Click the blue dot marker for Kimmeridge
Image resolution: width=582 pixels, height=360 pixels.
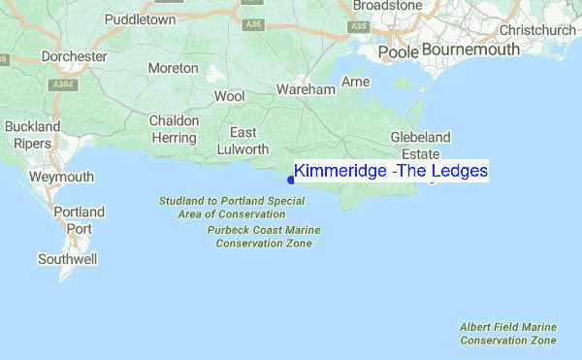[x=291, y=179]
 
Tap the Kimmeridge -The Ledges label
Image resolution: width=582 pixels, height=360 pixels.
[x=391, y=171]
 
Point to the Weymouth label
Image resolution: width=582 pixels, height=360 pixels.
[x=61, y=178]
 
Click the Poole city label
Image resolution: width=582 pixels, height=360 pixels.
[x=398, y=51]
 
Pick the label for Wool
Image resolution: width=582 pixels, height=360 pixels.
[x=230, y=97]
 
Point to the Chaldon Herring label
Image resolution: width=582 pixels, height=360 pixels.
[x=174, y=130]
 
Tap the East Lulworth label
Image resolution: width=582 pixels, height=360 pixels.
[x=242, y=141]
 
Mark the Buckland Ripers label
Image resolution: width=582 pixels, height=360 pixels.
[x=33, y=136]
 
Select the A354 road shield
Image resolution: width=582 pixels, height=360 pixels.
[x=65, y=84]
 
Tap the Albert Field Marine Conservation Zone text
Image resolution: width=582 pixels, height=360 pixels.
[x=508, y=335]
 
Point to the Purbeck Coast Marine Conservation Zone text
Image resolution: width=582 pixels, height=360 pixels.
[x=264, y=237]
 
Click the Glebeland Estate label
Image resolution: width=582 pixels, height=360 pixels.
[x=420, y=146]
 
